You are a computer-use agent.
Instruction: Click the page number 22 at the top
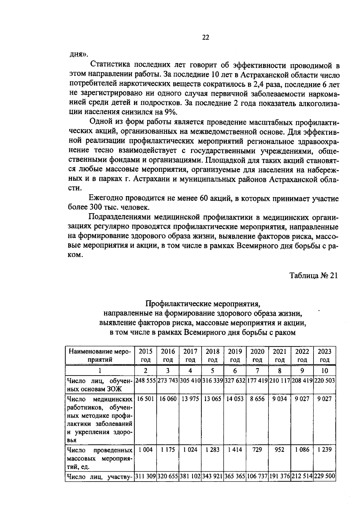click(205, 38)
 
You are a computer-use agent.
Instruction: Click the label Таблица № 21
click(313, 276)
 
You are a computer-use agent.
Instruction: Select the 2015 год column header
click(145, 355)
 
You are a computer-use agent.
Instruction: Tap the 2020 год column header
click(257, 355)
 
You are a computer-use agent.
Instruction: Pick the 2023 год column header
click(325, 355)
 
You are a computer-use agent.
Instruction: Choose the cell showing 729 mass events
click(257, 449)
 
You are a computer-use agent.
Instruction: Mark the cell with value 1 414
click(235, 449)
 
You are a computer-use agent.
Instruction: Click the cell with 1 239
click(325, 449)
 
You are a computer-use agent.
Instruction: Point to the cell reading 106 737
click(257, 476)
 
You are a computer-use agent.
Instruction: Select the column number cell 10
click(325, 370)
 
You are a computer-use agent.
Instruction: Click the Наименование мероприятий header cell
click(100, 355)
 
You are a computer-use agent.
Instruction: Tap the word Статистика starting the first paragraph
click(109, 65)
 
